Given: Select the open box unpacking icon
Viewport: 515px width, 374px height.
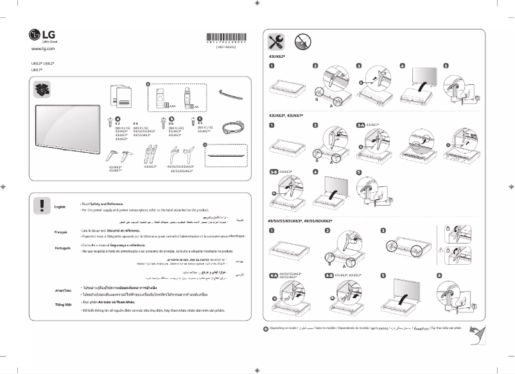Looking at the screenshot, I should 41,91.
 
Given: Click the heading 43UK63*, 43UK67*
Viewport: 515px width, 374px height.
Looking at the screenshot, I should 286,114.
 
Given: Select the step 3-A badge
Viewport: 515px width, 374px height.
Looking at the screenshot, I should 362,123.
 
